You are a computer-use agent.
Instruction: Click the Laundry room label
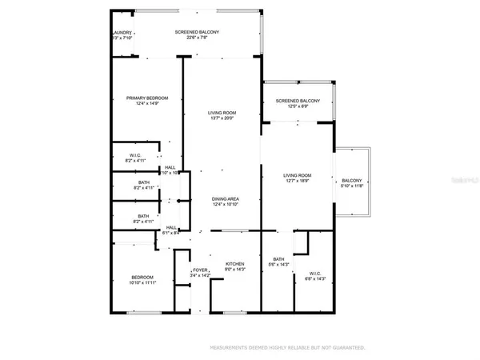pos(120,32)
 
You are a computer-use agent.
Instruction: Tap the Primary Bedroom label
pos(147,98)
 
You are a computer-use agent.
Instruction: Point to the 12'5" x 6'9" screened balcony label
pos(298,101)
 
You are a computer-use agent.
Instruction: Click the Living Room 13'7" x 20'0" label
pos(221,114)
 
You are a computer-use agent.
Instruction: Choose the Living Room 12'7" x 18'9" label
pos(297,175)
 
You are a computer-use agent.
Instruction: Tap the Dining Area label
pos(225,198)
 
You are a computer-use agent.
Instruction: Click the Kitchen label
pos(234,264)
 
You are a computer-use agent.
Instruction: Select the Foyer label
pos(200,270)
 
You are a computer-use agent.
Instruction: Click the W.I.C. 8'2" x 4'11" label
pos(136,155)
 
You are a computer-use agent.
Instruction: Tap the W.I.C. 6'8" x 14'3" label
pos(315,273)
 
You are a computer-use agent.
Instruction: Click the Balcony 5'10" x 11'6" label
pos(352,181)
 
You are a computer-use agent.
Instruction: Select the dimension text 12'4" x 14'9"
pos(147,104)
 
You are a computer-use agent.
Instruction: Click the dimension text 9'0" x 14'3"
pos(234,270)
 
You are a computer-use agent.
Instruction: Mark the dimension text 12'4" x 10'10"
pos(225,205)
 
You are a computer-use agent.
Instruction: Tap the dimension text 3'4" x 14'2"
pos(200,276)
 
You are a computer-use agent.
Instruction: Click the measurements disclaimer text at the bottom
pos(287,348)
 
